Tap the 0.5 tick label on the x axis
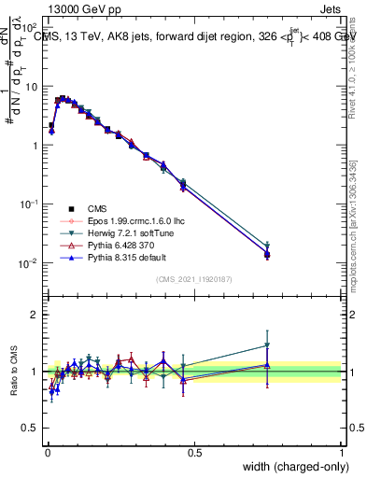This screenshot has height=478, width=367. (194, 453)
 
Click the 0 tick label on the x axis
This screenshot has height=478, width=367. (47, 453)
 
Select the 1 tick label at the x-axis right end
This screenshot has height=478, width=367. (341, 453)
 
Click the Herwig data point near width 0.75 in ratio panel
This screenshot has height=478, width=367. (267, 345)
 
